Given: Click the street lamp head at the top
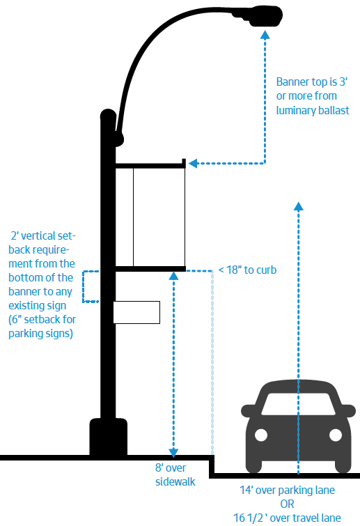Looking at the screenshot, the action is pyautogui.click(x=265, y=16).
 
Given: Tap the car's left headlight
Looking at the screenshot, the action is pyautogui.click(x=261, y=435).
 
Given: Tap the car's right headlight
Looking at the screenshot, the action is pyautogui.click(x=336, y=435).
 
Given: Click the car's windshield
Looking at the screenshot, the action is pyautogui.click(x=298, y=404).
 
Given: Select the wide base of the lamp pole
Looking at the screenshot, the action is pyautogui.click(x=108, y=436).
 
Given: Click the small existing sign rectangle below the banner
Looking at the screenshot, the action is pyautogui.click(x=136, y=312).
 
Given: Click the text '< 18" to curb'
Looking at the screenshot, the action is pyautogui.click(x=247, y=270).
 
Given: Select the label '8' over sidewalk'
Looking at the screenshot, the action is pyautogui.click(x=175, y=474).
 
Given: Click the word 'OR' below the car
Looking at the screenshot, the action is pyautogui.click(x=288, y=504).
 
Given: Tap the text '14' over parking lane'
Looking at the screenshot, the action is pyautogui.click(x=288, y=490).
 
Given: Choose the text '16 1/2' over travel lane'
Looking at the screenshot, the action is pyautogui.click(x=288, y=518).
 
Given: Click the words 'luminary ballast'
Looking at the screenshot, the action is pyautogui.click(x=313, y=110).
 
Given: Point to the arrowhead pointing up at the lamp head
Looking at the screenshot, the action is pyautogui.click(x=265, y=35).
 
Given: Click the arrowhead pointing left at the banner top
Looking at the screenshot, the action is pyautogui.click(x=193, y=163).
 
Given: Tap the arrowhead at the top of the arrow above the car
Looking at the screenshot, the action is pyautogui.click(x=298, y=206).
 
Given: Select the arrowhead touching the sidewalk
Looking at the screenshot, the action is pyautogui.click(x=173, y=453).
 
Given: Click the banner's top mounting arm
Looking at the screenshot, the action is pyautogui.click(x=150, y=164).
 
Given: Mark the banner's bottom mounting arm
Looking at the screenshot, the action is pyautogui.click(x=150, y=269).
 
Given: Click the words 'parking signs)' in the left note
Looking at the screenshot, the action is pyautogui.click(x=41, y=334).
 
